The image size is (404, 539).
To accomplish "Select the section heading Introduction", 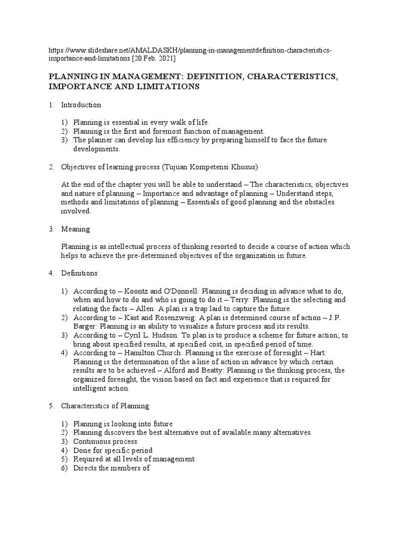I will pos(81,105).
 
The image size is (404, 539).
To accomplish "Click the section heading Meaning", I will pos(76,229).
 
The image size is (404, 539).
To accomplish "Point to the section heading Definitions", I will pos(79,273).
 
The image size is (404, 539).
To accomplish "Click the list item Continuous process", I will pos(105,442).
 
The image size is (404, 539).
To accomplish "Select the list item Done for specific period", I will pos(113,451).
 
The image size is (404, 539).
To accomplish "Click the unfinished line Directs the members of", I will pos(112,468).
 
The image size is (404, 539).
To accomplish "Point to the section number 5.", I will pos(52,406).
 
